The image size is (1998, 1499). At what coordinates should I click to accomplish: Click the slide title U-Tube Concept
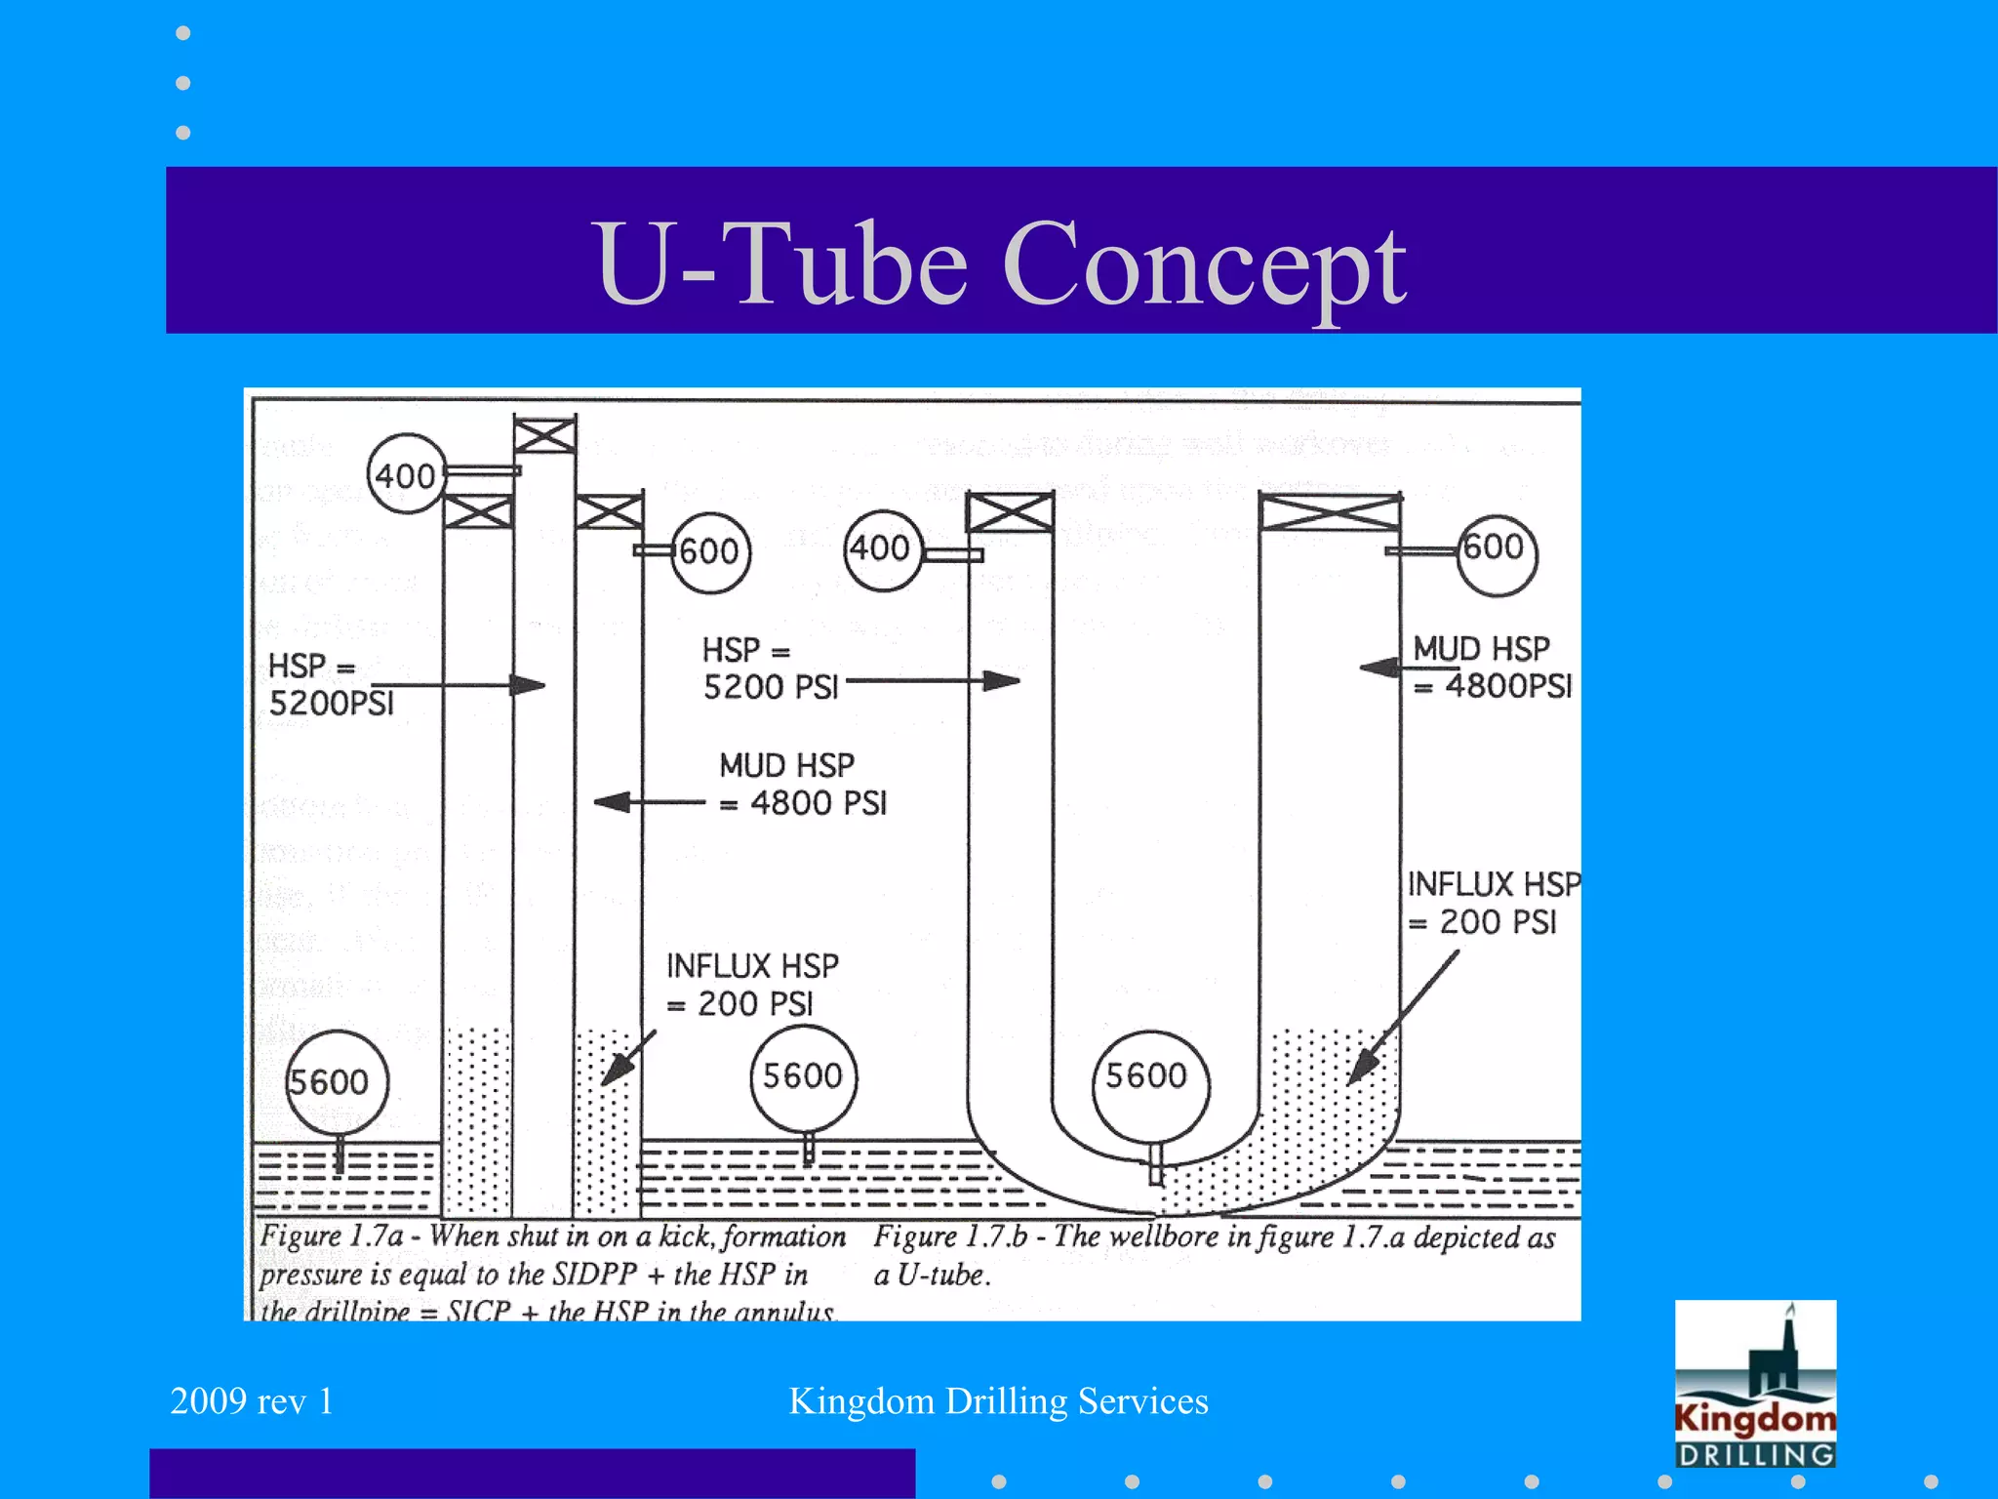(x=1002, y=262)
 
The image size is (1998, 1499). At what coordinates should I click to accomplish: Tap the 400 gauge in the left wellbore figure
(x=407, y=475)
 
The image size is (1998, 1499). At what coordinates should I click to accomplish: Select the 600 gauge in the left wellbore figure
(x=710, y=552)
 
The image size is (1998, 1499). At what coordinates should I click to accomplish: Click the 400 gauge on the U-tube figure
(x=882, y=549)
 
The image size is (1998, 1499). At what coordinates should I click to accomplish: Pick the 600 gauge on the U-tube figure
(x=1496, y=548)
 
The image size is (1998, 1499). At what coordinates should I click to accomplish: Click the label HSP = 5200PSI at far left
(x=330, y=685)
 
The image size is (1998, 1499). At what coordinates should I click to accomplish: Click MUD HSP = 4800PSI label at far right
(x=1491, y=668)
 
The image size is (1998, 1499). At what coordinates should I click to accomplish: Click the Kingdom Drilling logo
(x=1754, y=1383)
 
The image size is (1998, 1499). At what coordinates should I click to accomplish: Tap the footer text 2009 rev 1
(x=252, y=1401)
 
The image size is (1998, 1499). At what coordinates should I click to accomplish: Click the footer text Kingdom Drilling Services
(x=998, y=1401)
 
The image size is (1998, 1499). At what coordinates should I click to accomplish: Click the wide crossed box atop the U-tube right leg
(x=1329, y=511)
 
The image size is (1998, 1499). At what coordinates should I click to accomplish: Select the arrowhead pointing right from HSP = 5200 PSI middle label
(x=1001, y=680)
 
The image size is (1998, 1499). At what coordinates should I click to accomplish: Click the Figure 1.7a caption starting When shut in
(x=551, y=1274)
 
